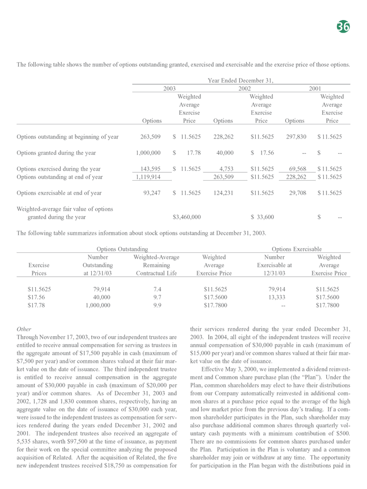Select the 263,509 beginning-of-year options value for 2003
149,137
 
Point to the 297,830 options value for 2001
295,137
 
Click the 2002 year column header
244,89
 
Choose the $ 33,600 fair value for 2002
262,217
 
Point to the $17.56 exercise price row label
36,298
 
